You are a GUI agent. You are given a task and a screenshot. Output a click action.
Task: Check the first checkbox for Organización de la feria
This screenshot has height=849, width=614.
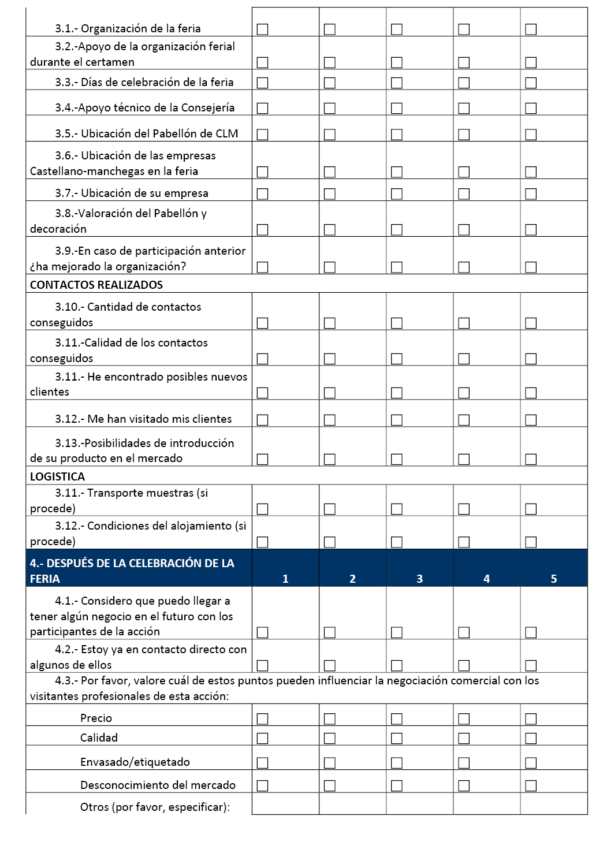pyautogui.click(x=262, y=29)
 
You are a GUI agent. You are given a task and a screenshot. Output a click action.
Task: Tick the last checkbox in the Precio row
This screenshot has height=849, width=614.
pyautogui.click(x=531, y=719)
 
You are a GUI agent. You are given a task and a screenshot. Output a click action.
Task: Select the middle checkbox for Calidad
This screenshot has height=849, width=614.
pyautogui.click(x=397, y=739)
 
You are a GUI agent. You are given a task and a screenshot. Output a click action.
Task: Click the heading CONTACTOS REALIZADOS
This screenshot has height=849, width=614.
pyautogui.click(x=96, y=285)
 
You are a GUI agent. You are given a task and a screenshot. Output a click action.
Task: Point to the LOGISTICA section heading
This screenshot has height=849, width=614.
pyautogui.click(x=57, y=476)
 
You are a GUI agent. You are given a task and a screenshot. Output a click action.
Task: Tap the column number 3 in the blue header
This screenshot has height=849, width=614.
pyautogui.click(x=419, y=579)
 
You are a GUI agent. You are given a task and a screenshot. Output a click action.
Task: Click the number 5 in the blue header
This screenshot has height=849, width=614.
pyautogui.click(x=553, y=579)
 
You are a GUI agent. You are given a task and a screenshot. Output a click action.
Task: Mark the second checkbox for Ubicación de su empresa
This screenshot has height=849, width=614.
pyautogui.click(x=330, y=194)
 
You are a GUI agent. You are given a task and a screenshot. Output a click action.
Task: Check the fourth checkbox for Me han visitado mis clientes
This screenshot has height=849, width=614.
pyautogui.click(x=464, y=420)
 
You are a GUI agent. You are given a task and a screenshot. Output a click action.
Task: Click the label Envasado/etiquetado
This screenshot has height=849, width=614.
pyautogui.click(x=135, y=762)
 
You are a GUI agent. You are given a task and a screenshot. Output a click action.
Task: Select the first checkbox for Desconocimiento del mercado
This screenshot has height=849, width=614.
pyautogui.click(x=262, y=786)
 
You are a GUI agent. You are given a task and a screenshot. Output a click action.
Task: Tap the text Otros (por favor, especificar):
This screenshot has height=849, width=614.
pyautogui.click(x=155, y=807)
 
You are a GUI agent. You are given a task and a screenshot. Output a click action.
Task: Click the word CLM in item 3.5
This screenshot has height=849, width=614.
pyautogui.click(x=226, y=133)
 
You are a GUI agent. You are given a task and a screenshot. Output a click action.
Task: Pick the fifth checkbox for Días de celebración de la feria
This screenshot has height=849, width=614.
pyautogui.click(x=531, y=83)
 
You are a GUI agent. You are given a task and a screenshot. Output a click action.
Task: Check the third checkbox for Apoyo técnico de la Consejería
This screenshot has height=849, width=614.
pyautogui.click(x=397, y=109)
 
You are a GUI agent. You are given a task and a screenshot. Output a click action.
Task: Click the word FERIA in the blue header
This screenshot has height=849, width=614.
pyautogui.click(x=45, y=579)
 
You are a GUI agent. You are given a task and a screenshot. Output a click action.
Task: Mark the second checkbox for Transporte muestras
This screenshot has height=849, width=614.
pyautogui.click(x=330, y=509)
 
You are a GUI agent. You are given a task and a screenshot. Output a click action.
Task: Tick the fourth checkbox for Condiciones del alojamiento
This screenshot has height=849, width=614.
pyautogui.click(x=464, y=542)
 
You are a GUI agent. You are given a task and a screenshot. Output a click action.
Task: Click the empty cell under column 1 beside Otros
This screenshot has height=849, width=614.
pyautogui.click(x=285, y=804)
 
